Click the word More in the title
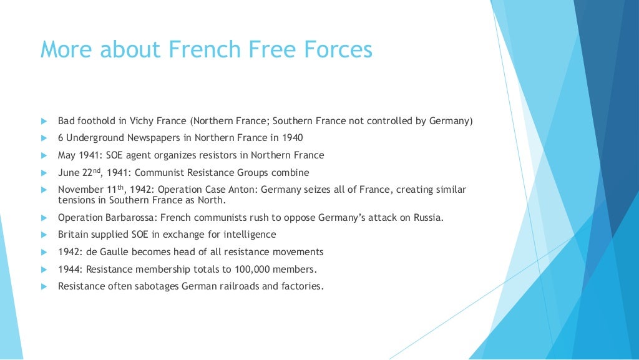coord(66,49)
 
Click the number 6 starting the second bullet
coord(61,138)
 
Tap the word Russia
coord(426,218)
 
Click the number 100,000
coord(253,270)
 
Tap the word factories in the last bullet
coord(302,286)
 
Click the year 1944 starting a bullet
coord(69,270)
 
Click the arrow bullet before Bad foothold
coord(44,121)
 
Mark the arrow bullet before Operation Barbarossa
coord(44,218)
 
